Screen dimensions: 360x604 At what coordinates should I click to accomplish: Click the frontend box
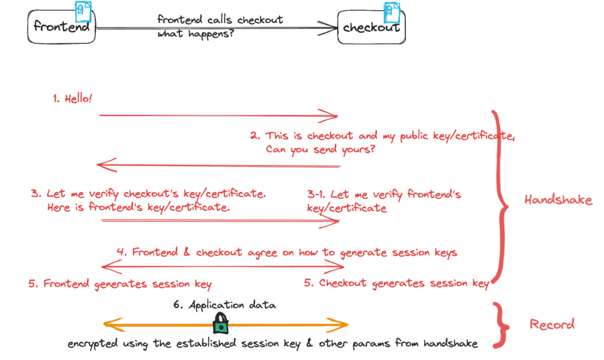pos(62,26)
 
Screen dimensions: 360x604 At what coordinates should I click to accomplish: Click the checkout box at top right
pos(371,28)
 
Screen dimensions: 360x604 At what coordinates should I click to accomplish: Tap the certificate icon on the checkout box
pos(391,11)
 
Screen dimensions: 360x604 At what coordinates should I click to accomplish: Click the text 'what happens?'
pos(195,34)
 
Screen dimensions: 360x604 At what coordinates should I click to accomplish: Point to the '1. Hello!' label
pos(72,99)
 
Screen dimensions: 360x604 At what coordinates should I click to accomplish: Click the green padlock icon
pos(220,325)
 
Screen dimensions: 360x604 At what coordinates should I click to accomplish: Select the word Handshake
pos(558,200)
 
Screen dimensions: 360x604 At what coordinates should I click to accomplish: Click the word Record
pos(552,324)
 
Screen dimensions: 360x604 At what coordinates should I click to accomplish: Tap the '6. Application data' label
pos(224,305)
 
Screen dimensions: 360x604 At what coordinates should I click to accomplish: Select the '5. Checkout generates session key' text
pos(396,283)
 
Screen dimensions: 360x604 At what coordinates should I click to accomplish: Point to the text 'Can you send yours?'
pos(320,149)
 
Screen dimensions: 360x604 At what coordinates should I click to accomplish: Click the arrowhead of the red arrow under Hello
pos(332,116)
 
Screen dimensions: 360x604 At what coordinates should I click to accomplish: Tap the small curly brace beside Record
pos(500,324)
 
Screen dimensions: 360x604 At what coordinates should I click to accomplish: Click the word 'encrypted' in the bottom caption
pos(91,344)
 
